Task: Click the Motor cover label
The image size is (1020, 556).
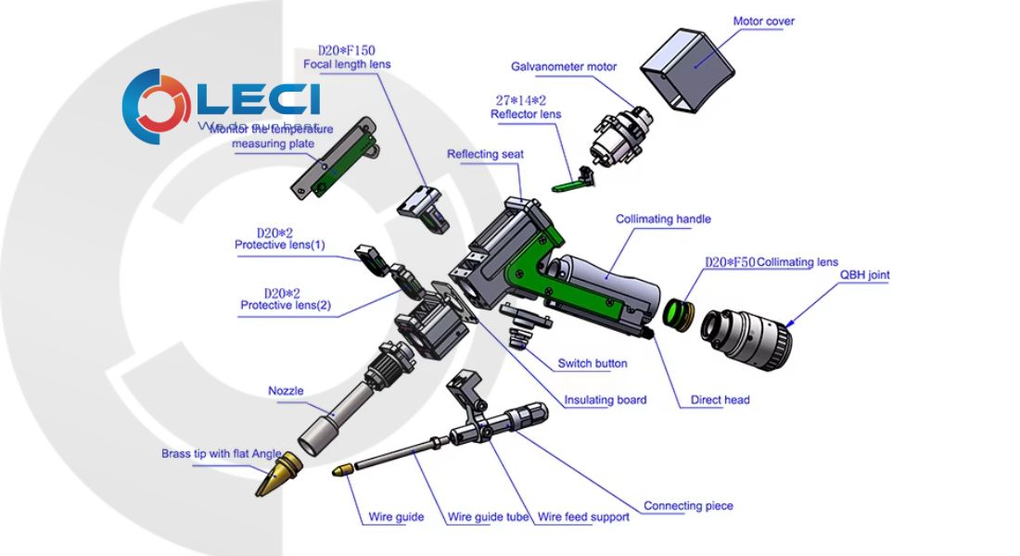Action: [763, 21]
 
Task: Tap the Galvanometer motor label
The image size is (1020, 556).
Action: [564, 67]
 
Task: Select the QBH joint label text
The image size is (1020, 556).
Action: [864, 275]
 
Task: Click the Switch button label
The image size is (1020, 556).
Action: [592, 363]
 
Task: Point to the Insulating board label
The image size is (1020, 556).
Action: [606, 400]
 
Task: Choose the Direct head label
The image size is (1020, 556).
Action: [720, 400]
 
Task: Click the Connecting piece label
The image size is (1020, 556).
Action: [688, 506]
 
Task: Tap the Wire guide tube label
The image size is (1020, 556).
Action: [489, 517]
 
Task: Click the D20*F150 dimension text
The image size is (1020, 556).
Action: [347, 50]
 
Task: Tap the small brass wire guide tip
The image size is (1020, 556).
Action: [343, 471]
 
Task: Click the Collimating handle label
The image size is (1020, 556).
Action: [663, 220]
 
